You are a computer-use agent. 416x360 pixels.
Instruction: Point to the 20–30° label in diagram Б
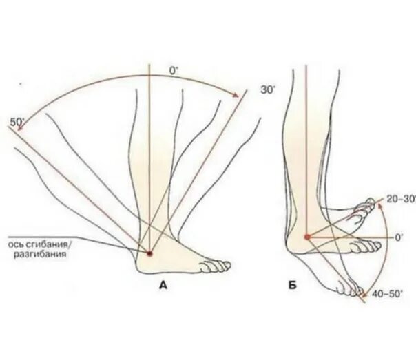point(399,198)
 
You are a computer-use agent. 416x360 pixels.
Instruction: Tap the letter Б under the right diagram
point(292,284)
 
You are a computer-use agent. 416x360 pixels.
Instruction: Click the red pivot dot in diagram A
point(149,253)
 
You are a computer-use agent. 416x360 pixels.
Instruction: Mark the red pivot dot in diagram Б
point(307,237)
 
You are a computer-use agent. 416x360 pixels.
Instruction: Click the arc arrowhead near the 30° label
point(240,95)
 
